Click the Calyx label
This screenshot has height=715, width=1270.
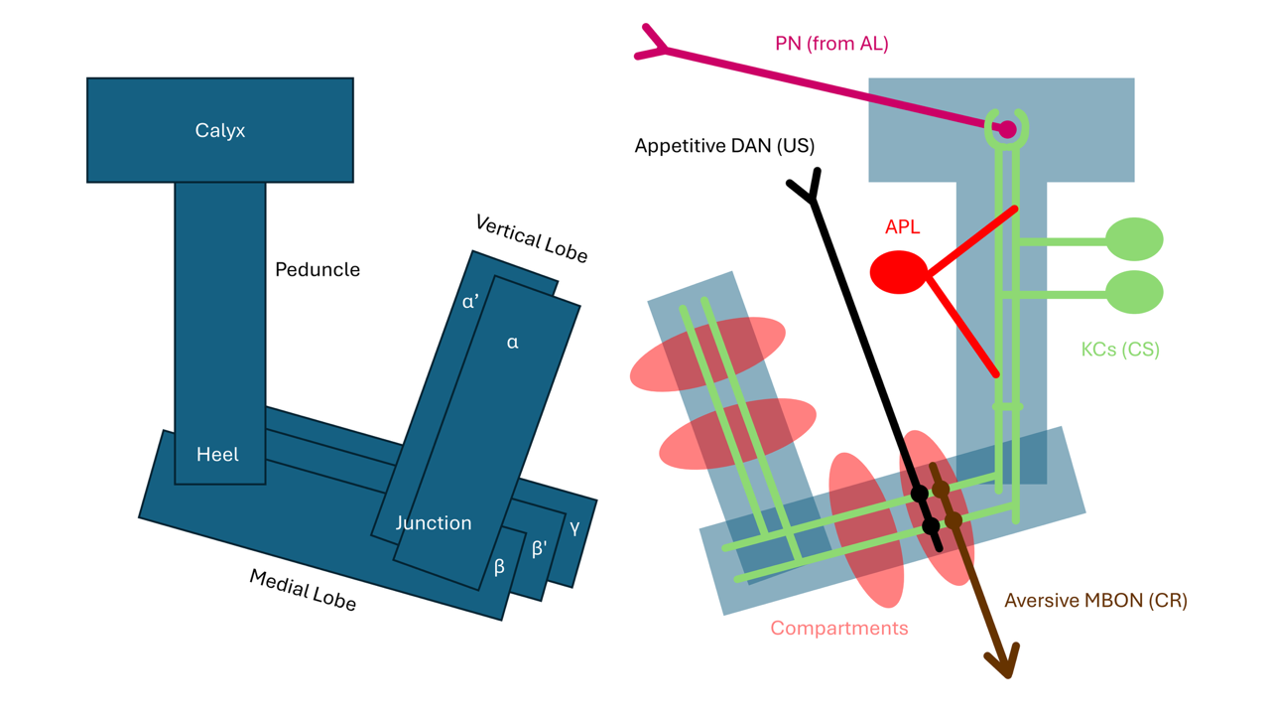[220, 130]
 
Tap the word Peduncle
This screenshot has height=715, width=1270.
[317, 269]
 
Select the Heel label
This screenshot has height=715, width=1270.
[217, 454]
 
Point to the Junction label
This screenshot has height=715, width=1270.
[434, 522]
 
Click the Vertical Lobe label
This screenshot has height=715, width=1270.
[531, 239]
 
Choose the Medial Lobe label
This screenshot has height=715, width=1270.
[303, 590]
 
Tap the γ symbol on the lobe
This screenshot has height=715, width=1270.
[574, 528]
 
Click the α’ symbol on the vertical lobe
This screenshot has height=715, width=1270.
[470, 301]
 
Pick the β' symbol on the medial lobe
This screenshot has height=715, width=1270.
[539, 548]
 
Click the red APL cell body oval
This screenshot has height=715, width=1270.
[899, 272]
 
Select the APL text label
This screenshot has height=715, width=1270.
[902, 227]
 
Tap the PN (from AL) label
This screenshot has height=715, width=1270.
[831, 44]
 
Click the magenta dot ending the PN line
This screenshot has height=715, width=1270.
[1007, 129]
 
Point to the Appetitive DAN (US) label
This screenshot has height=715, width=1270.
[724, 146]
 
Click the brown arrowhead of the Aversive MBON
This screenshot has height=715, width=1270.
[1003, 661]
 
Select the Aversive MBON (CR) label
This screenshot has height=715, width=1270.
[1096, 601]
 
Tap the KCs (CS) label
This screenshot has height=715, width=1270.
[1120, 350]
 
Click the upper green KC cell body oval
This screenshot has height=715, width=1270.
[1134, 239]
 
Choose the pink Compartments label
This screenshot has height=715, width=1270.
[839, 629]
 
